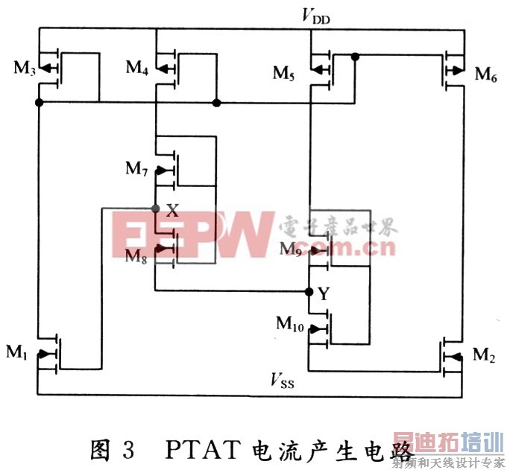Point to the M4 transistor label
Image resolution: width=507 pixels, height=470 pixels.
point(136,68)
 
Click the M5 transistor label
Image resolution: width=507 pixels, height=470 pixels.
point(285,73)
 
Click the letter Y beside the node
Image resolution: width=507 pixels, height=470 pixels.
point(324,294)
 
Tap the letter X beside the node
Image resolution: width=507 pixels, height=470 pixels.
point(172,211)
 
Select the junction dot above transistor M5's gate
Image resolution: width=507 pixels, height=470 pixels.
point(356,56)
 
